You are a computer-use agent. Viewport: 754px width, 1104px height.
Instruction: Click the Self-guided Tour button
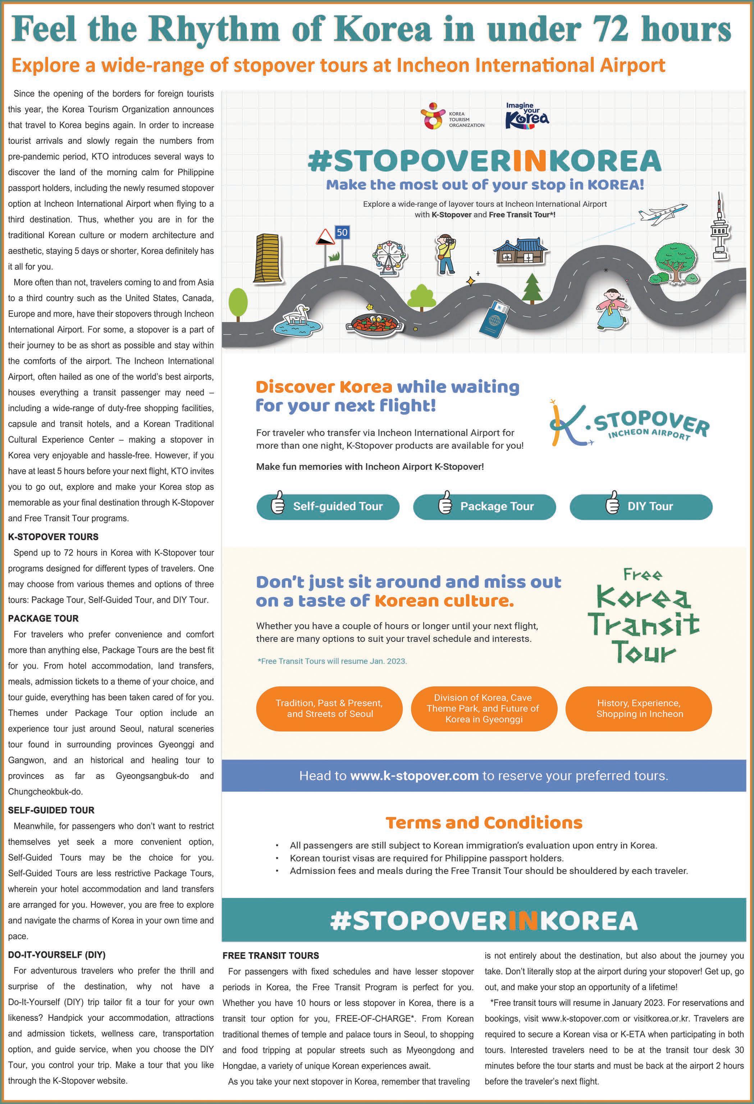(328, 507)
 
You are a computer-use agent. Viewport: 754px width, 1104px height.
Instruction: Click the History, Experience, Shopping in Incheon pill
(639, 708)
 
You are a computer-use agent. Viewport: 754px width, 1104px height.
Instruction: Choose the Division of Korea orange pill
(483, 708)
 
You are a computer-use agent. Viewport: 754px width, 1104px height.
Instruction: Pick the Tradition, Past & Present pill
(329, 708)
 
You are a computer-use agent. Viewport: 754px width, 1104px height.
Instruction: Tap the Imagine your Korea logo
(527, 115)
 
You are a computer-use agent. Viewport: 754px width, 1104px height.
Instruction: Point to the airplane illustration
(663, 214)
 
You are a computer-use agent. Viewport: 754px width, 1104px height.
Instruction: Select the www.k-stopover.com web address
(414, 776)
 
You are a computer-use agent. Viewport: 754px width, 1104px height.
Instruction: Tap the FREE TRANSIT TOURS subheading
(270, 956)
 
